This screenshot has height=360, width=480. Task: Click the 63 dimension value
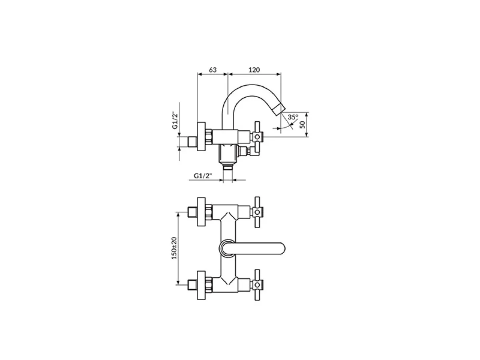(x=212, y=70)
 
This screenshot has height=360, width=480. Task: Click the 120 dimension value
(x=254, y=70)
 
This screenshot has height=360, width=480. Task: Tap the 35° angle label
(x=293, y=117)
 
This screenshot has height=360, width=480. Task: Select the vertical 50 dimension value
(x=302, y=125)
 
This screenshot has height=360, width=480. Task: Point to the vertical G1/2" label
(x=175, y=120)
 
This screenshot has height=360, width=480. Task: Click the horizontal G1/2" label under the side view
(x=203, y=176)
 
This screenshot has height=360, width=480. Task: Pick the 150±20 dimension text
(x=174, y=248)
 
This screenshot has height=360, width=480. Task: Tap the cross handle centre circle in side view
(x=257, y=137)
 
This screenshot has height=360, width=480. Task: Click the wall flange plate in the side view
(x=202, y=137)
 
